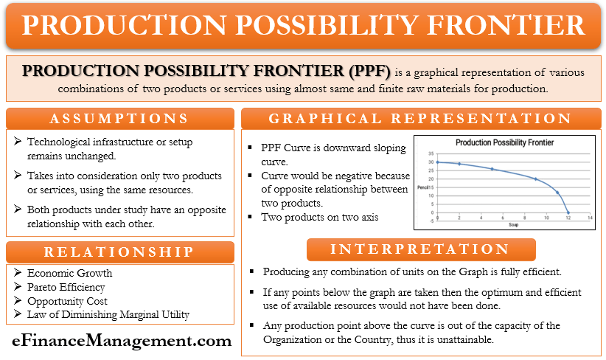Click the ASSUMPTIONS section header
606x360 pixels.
(119, 119)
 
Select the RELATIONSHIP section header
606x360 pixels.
(119, 252)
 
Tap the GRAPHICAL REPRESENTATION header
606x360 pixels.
(420, 119)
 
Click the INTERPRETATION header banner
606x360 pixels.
(420, 249)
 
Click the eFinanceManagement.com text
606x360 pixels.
(119, 341)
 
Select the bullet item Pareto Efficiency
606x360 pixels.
(66, 287)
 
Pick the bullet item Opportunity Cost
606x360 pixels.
(67, 301)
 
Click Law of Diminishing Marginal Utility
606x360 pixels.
(108, 315)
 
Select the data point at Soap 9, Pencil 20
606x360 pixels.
(535, 179)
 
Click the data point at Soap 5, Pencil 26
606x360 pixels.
(492, 169)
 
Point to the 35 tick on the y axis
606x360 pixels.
(431, 154)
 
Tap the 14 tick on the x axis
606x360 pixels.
(589, 218)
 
